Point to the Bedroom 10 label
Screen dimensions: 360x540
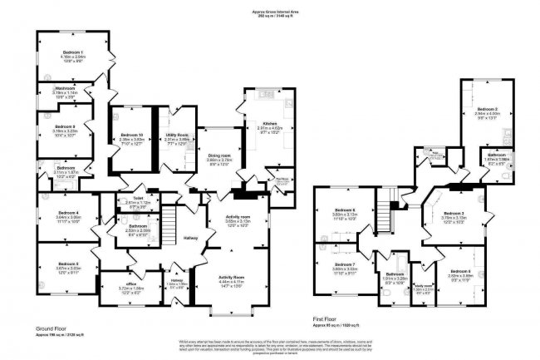tap(132, 135)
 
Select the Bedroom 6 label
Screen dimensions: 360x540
tap(345, 209)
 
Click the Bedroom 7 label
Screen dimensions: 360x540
tap(345, 264)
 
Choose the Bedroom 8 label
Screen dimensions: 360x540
tap(460, 271)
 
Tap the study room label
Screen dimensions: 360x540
tap(423, 285)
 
